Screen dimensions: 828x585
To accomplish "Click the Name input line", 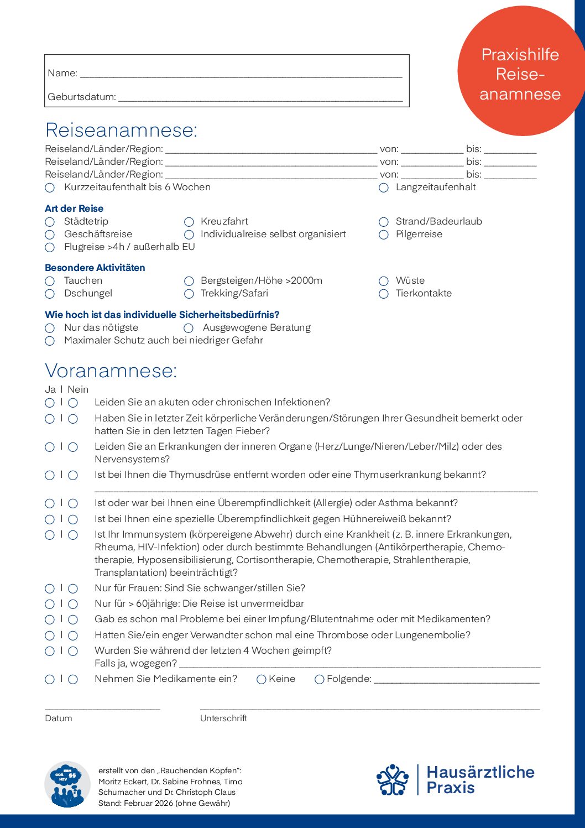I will (241, 74).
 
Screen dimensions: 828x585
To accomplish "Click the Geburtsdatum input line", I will (260, 98).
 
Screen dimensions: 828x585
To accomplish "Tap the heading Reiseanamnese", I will (121, 130).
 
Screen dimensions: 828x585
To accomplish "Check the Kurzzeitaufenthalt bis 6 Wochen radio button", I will (50, 188).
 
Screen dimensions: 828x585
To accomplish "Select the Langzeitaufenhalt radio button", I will (384, 188).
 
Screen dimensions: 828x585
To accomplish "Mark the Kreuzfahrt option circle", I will (189, 222).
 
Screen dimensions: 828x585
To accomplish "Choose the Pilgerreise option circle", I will (384, 235).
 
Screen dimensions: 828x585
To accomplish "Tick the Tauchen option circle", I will (50, 281).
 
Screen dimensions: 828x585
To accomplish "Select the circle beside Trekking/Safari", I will (189, 294).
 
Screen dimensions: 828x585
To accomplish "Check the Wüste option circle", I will (384, 281).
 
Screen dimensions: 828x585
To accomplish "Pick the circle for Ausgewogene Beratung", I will (189, 328).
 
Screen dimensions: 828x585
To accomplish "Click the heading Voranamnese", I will (111, 371).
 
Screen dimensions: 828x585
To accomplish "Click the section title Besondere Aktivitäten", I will (95, 268).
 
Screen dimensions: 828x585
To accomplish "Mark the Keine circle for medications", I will (262, 679).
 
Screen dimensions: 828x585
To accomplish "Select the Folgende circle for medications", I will (319, 679).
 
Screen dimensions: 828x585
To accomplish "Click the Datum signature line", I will (102, 707).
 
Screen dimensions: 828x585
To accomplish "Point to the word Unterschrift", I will (223, 718).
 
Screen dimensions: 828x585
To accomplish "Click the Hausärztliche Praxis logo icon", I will (392, 780).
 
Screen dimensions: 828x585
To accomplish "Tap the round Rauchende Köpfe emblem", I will (67, 784).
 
